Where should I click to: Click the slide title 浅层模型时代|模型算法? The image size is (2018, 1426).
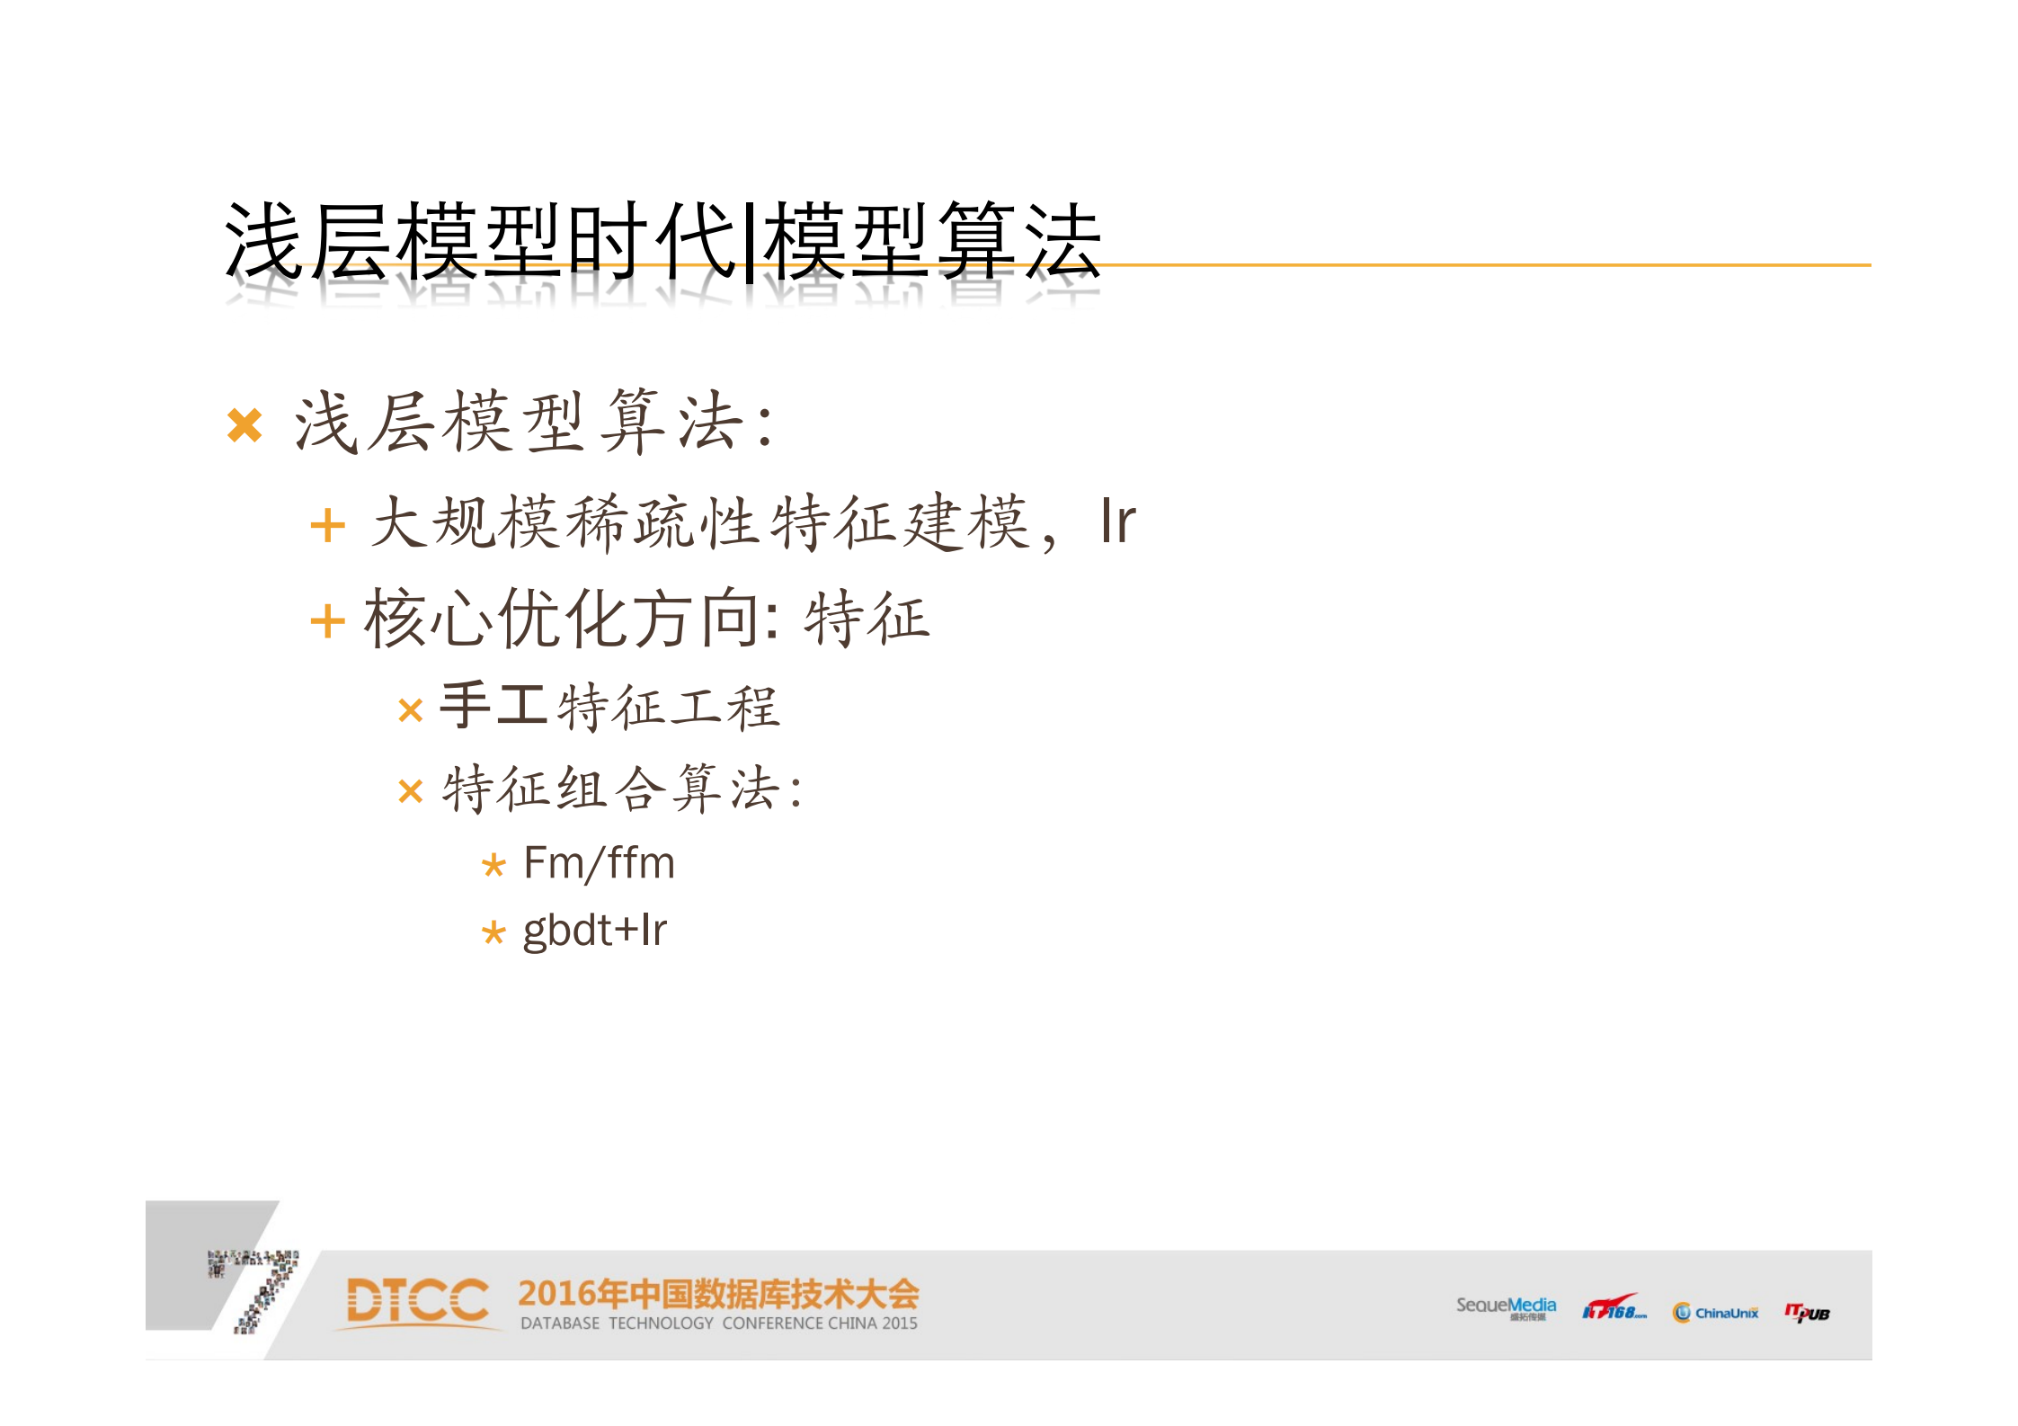tap(662, 240)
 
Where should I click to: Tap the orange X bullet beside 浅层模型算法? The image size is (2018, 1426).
tap(244, 425)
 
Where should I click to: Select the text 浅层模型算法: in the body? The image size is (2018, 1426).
tap(534, 423)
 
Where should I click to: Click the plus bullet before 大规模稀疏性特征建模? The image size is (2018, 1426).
tap(327, 526)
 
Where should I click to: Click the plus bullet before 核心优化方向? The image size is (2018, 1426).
tap(327, 621)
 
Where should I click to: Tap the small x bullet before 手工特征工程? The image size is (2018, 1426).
tap(410, 711)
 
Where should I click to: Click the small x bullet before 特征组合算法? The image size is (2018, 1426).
tap(410, 792)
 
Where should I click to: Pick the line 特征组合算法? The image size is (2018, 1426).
tap(622, 789)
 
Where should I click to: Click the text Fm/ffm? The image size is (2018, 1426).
tap(599, 863)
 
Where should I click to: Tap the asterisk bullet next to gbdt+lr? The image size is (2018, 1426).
tap(493, 933)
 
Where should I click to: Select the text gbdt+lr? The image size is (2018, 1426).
tap(594, 931)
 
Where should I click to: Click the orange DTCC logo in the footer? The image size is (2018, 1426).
tap(417, 1302)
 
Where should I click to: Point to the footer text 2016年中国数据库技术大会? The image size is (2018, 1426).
tap(718, 1294)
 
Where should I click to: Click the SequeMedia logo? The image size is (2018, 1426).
tap(1506, 1307)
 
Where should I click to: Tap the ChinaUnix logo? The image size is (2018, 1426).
tap(1715, 1313)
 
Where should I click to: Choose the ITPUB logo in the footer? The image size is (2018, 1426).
tap(1807, 1313)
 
